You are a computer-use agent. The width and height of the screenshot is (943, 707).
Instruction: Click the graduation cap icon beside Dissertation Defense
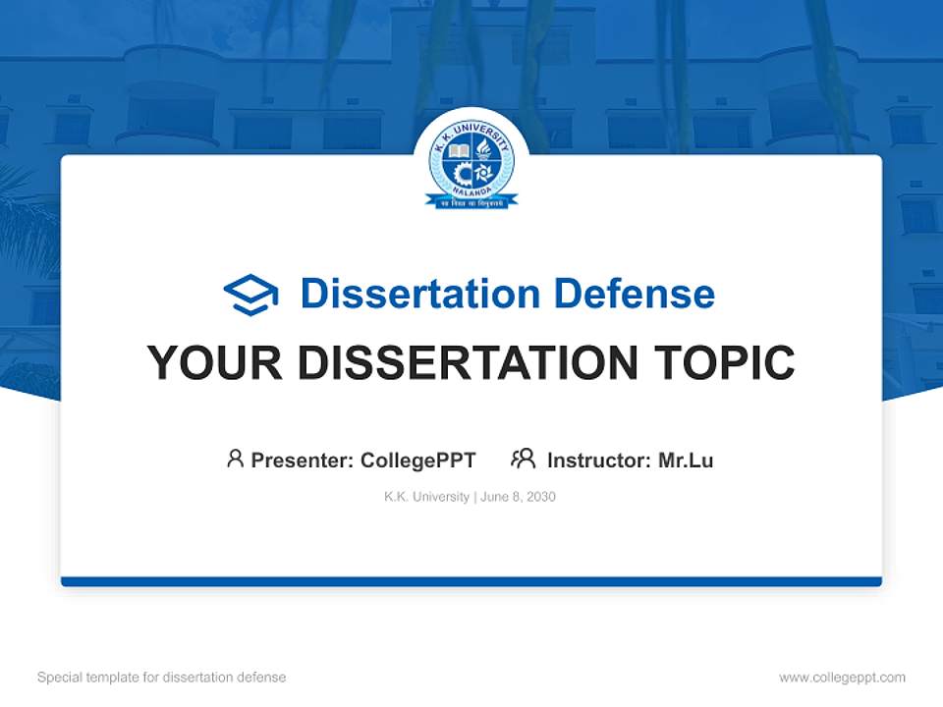(x=251, y=294)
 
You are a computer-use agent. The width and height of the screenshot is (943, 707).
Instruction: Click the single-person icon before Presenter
(x=235, y=459)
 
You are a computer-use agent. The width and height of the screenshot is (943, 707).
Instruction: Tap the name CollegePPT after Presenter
(x=418, y=460)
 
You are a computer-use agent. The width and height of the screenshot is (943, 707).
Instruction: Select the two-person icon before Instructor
(x=523, y=459)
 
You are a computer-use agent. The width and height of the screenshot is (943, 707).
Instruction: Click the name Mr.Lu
(x=686, y=460)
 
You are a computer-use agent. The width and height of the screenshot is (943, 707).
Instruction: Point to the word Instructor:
(x=599, y=460)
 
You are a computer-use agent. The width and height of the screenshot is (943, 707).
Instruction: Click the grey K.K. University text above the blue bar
(x=426, y=497)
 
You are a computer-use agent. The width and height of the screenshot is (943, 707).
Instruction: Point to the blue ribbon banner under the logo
(x=471, y=201)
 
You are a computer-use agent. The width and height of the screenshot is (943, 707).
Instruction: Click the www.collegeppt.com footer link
(x=842, y=678)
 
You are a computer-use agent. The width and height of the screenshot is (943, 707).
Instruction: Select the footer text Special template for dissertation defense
(x=162, y=678)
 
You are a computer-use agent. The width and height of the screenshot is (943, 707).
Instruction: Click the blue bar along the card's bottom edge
(x=471, y=581)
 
